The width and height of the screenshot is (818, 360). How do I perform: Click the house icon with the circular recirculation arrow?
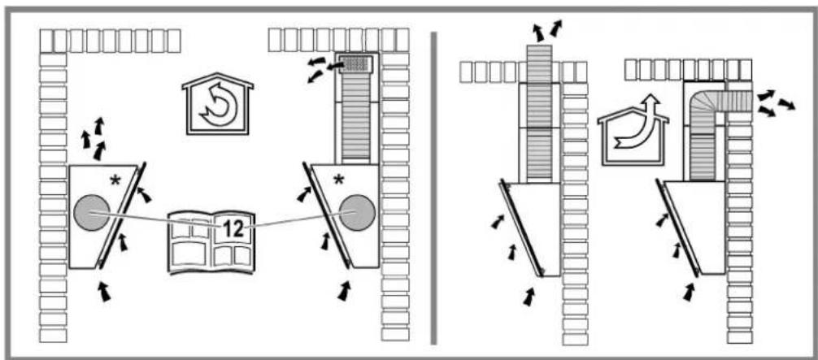click(218, 104)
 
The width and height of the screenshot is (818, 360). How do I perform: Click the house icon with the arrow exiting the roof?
click(633, 131)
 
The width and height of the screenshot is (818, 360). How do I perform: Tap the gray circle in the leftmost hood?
click(91, 212)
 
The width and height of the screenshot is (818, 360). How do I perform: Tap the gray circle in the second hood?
click(357, 212)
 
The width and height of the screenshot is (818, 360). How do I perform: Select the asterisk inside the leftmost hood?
click(115, 181)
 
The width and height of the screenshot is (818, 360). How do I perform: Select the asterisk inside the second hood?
click(338, 180)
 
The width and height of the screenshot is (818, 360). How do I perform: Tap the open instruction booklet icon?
click(211, 243)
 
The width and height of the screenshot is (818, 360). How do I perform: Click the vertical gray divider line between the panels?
click(433, 188)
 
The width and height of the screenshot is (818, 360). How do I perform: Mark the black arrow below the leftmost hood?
click(106, 291)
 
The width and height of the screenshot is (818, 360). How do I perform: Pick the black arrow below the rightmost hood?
click(690, 291)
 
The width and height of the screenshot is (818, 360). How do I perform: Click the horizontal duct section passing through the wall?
click(734, 100)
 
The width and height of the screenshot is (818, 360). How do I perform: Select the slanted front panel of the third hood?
click(520, 228)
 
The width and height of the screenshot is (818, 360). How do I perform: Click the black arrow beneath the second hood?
click(344, 291)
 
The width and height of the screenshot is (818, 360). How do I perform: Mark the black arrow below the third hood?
click(529, 296)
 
